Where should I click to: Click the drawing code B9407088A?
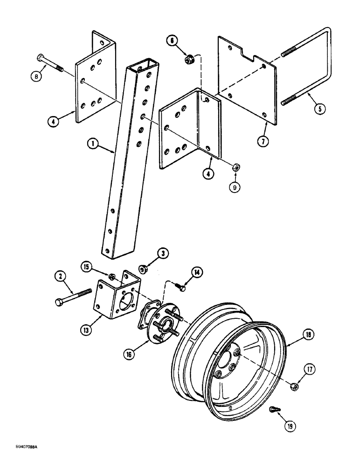(x=22, y=459)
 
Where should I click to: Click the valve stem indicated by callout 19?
(x=274, y=410)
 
